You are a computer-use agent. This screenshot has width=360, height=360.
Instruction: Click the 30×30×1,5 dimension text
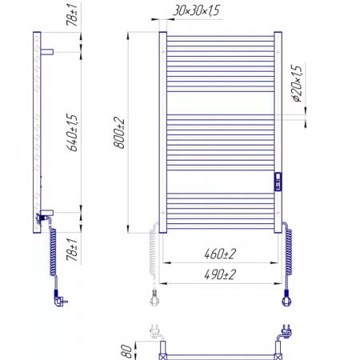(197, 10)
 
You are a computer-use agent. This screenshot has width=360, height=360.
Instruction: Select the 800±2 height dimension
(119, 133)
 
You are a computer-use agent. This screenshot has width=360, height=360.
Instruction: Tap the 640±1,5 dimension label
(72, 133)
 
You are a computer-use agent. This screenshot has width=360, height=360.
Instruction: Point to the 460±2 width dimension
(220, 254)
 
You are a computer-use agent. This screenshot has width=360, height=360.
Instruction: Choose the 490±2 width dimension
(220, 274)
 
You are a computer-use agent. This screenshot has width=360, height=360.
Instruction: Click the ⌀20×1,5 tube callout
(297, 83)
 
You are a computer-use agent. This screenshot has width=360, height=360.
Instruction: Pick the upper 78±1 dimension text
(72, 15)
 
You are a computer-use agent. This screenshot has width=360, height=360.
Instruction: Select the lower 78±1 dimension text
(72, 250)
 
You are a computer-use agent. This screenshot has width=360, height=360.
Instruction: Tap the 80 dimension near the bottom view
(126, 351)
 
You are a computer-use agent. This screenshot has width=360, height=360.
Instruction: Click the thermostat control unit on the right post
(278, 182)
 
